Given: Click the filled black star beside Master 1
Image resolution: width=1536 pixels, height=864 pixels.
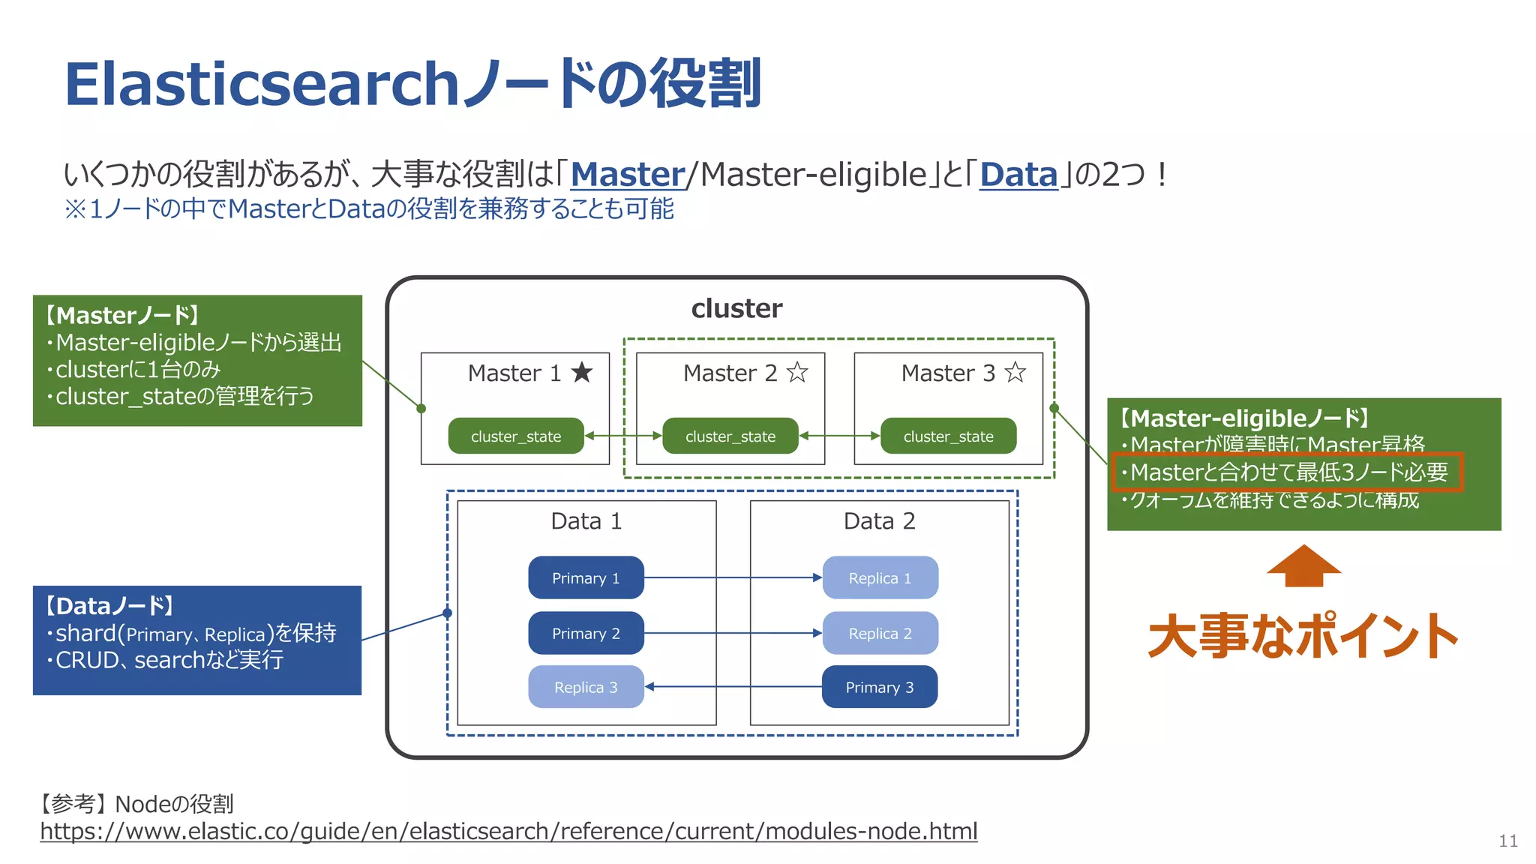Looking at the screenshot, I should [582, 372].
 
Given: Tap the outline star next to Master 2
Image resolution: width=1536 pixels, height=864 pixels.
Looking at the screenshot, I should [797, 372].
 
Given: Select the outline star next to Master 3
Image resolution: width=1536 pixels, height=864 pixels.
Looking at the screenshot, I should [1015, 372].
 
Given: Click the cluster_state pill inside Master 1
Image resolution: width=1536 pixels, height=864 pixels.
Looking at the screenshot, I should [516, 436].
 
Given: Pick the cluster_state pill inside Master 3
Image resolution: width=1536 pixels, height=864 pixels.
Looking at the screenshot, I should [948, 436].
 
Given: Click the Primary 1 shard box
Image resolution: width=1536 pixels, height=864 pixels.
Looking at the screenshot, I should [586, 577].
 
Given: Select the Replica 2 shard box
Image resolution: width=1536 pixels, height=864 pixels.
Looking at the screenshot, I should [880, 633].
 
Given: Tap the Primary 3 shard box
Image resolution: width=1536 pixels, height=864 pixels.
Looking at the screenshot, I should [880, 687].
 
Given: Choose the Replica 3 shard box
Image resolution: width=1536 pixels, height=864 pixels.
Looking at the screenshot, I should [586, 687].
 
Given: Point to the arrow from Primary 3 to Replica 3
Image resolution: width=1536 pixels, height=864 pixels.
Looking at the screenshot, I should [733, 686].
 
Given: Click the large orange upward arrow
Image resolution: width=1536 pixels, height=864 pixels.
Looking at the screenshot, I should [1303, 566].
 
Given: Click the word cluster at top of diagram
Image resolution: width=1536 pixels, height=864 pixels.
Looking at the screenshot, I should [736, 308].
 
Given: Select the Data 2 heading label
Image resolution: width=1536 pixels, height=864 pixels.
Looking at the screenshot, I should [879, 520].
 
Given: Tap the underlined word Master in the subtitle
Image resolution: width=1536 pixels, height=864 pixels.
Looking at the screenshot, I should [628, 175].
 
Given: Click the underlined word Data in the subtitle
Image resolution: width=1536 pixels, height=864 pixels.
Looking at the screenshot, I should [1018, 175].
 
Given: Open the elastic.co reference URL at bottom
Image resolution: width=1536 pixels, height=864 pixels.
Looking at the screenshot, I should [508, 831].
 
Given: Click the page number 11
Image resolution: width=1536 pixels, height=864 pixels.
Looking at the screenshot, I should [1508, 841].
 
